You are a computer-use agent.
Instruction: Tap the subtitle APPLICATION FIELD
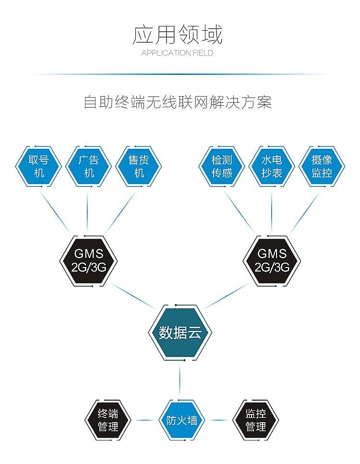coord(177,53)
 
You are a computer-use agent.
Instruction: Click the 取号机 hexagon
coord(39,166)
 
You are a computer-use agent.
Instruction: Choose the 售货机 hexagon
coord(139,166)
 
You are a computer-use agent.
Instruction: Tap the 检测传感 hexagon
coord(222,166)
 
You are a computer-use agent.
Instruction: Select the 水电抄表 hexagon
coord(272,166)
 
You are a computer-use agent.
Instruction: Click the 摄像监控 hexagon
coord(322,166)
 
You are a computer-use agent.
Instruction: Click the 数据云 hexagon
coord(180,332)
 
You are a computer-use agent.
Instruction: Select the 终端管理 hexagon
coord(108,420)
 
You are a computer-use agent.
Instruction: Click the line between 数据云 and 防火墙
coord(180,379)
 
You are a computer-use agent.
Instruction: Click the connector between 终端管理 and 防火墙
coord(144,420)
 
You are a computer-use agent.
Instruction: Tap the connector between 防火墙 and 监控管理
coord(218,420)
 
